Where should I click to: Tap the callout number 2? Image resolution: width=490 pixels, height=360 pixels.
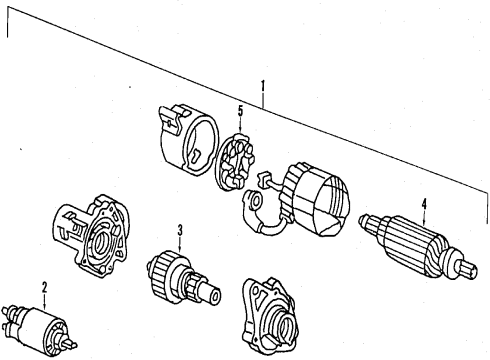[x=43, y=287]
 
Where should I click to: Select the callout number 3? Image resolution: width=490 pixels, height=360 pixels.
[x=180, y=231]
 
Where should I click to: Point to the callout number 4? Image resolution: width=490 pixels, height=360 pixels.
[x=423, y=206]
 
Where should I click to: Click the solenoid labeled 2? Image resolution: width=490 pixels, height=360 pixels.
[x=37, y=326]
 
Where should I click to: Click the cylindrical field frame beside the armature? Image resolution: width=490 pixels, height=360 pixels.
[x=317, y=199]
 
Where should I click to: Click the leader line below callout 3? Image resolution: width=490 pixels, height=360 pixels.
[x=180, y=246]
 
